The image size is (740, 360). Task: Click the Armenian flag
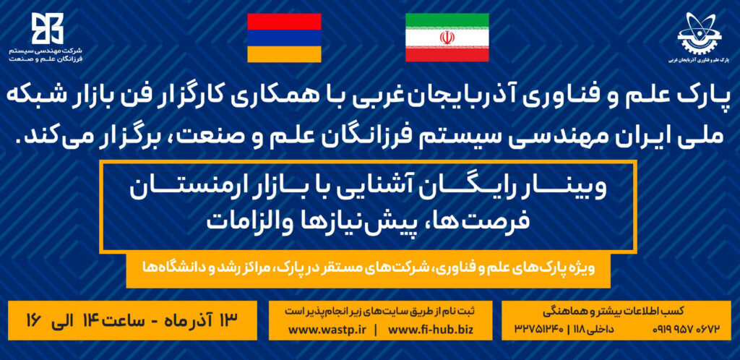point(284,38)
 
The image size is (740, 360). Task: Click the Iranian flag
point(447,38)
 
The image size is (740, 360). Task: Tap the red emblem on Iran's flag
point(447,38)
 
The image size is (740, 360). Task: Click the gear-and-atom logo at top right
point(693,33)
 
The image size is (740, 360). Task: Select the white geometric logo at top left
point(47,28)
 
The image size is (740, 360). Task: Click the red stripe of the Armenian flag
point(284,21)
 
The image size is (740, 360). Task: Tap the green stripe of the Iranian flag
point(447,21)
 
